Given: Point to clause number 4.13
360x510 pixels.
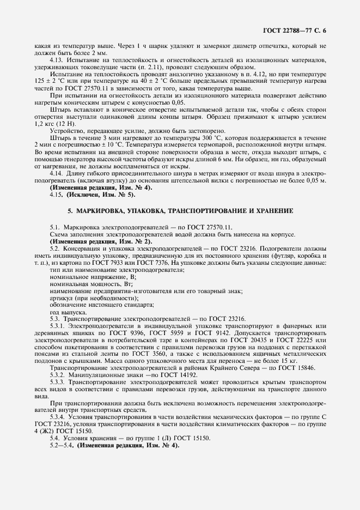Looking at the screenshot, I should (x=57, y=59).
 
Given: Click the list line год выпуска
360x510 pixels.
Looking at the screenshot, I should (x=68, y=313).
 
